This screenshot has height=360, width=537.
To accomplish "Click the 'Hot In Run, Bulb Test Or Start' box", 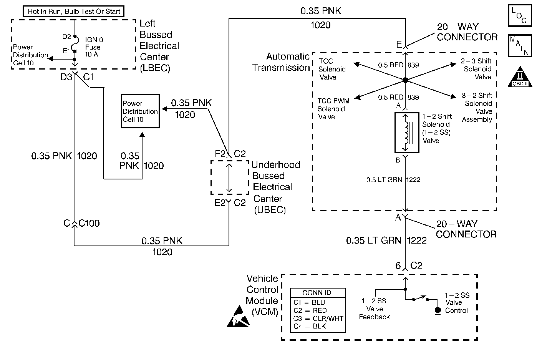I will [74, 11].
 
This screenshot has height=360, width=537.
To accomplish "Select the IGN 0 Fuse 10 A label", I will [93, 47].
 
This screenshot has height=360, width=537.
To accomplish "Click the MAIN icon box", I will [519, 45].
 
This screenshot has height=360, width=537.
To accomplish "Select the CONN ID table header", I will [317, 293].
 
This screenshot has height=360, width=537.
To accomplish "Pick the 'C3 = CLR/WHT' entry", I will [318, 319].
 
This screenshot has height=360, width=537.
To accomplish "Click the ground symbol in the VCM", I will [437, 310].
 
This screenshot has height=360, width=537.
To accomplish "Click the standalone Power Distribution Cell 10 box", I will [140, 111].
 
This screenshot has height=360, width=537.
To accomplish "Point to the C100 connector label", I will [89, 223].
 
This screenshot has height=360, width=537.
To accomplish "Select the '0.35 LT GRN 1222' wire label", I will [386, 241].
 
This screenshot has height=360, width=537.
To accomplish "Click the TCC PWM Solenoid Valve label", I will [333, 109].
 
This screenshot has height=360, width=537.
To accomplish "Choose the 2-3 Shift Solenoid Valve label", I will [477, 69].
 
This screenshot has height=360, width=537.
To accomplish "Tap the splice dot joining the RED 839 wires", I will [405, 80].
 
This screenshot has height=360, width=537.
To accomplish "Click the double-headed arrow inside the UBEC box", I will [229, 178].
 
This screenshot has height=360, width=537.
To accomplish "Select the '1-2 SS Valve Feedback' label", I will [374, 309].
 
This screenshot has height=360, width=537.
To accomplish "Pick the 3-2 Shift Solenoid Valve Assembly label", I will [477, 108].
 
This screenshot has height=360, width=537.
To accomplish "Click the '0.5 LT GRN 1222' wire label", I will [393, 179].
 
